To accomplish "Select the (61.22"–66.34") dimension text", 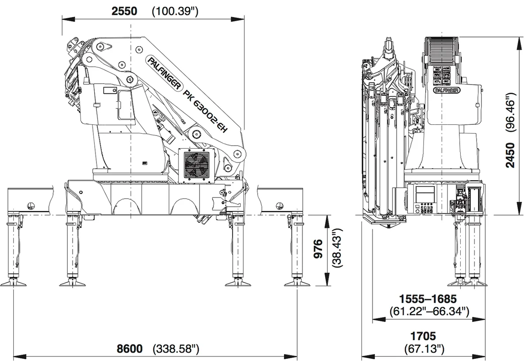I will pyautogui.click(x=428, y=311).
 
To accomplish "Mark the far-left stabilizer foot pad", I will pyautogui.click(x=15, y=283).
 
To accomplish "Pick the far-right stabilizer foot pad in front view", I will pyautogui.click(x=300, y=283).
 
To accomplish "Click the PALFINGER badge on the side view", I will pyautogui.click(x=445, y=90).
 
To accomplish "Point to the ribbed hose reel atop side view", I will pyautogui.click(x=443, y=50).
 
